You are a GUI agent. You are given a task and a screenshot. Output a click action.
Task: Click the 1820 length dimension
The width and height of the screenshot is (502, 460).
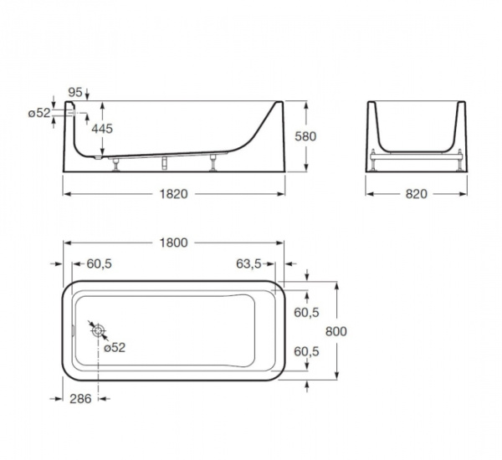pyautogui.click(x=175, y=194)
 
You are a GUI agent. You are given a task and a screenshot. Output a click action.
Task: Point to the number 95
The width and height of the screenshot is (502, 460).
pyautogui.click(x=74, y=91)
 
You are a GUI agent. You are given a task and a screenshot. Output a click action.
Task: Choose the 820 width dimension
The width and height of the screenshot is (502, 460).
pyautogui.click(x=416, y=194)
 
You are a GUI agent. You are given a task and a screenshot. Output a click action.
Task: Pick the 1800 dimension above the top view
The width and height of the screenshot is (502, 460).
pyautogui.click(x=174, y=243)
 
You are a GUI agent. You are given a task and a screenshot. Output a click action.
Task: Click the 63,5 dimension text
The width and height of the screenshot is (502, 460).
pyautogui.click(x=249, y=263)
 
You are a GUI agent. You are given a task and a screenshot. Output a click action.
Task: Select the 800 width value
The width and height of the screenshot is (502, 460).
pyautogui.click(x=336, y=331)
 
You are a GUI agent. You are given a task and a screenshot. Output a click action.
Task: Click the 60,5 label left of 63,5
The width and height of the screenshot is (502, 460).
pyautogui.click(x=99, y=263)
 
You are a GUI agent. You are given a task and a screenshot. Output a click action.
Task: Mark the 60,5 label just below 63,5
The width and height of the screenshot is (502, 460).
pyautogui.click(x=306, y=312)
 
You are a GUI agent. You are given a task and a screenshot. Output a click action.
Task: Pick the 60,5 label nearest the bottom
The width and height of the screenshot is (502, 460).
pyautogui.click(x=306, y=352)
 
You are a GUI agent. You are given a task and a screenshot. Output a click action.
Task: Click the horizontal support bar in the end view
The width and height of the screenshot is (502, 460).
pyautogui.click(x=416, y=154)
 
